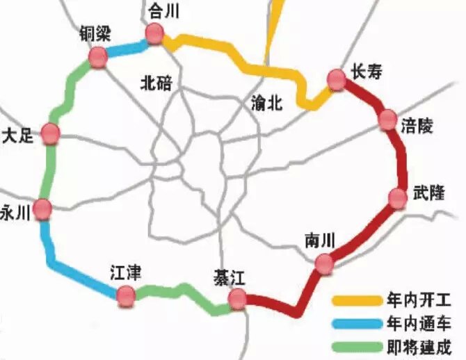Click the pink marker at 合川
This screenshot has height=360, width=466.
tap(154, 33)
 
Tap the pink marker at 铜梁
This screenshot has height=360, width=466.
tap(98, 58)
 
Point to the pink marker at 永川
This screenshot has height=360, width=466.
tap(43, 208)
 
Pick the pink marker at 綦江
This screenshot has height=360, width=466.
tap(238, 299)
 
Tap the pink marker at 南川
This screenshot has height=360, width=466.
tap(324, 263)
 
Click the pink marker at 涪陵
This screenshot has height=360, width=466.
tap(388, 120)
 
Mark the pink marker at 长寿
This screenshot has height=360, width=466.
tap(337, 80)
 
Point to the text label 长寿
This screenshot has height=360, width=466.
tap(367, 72)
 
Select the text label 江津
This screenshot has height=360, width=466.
tap(126, 273)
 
